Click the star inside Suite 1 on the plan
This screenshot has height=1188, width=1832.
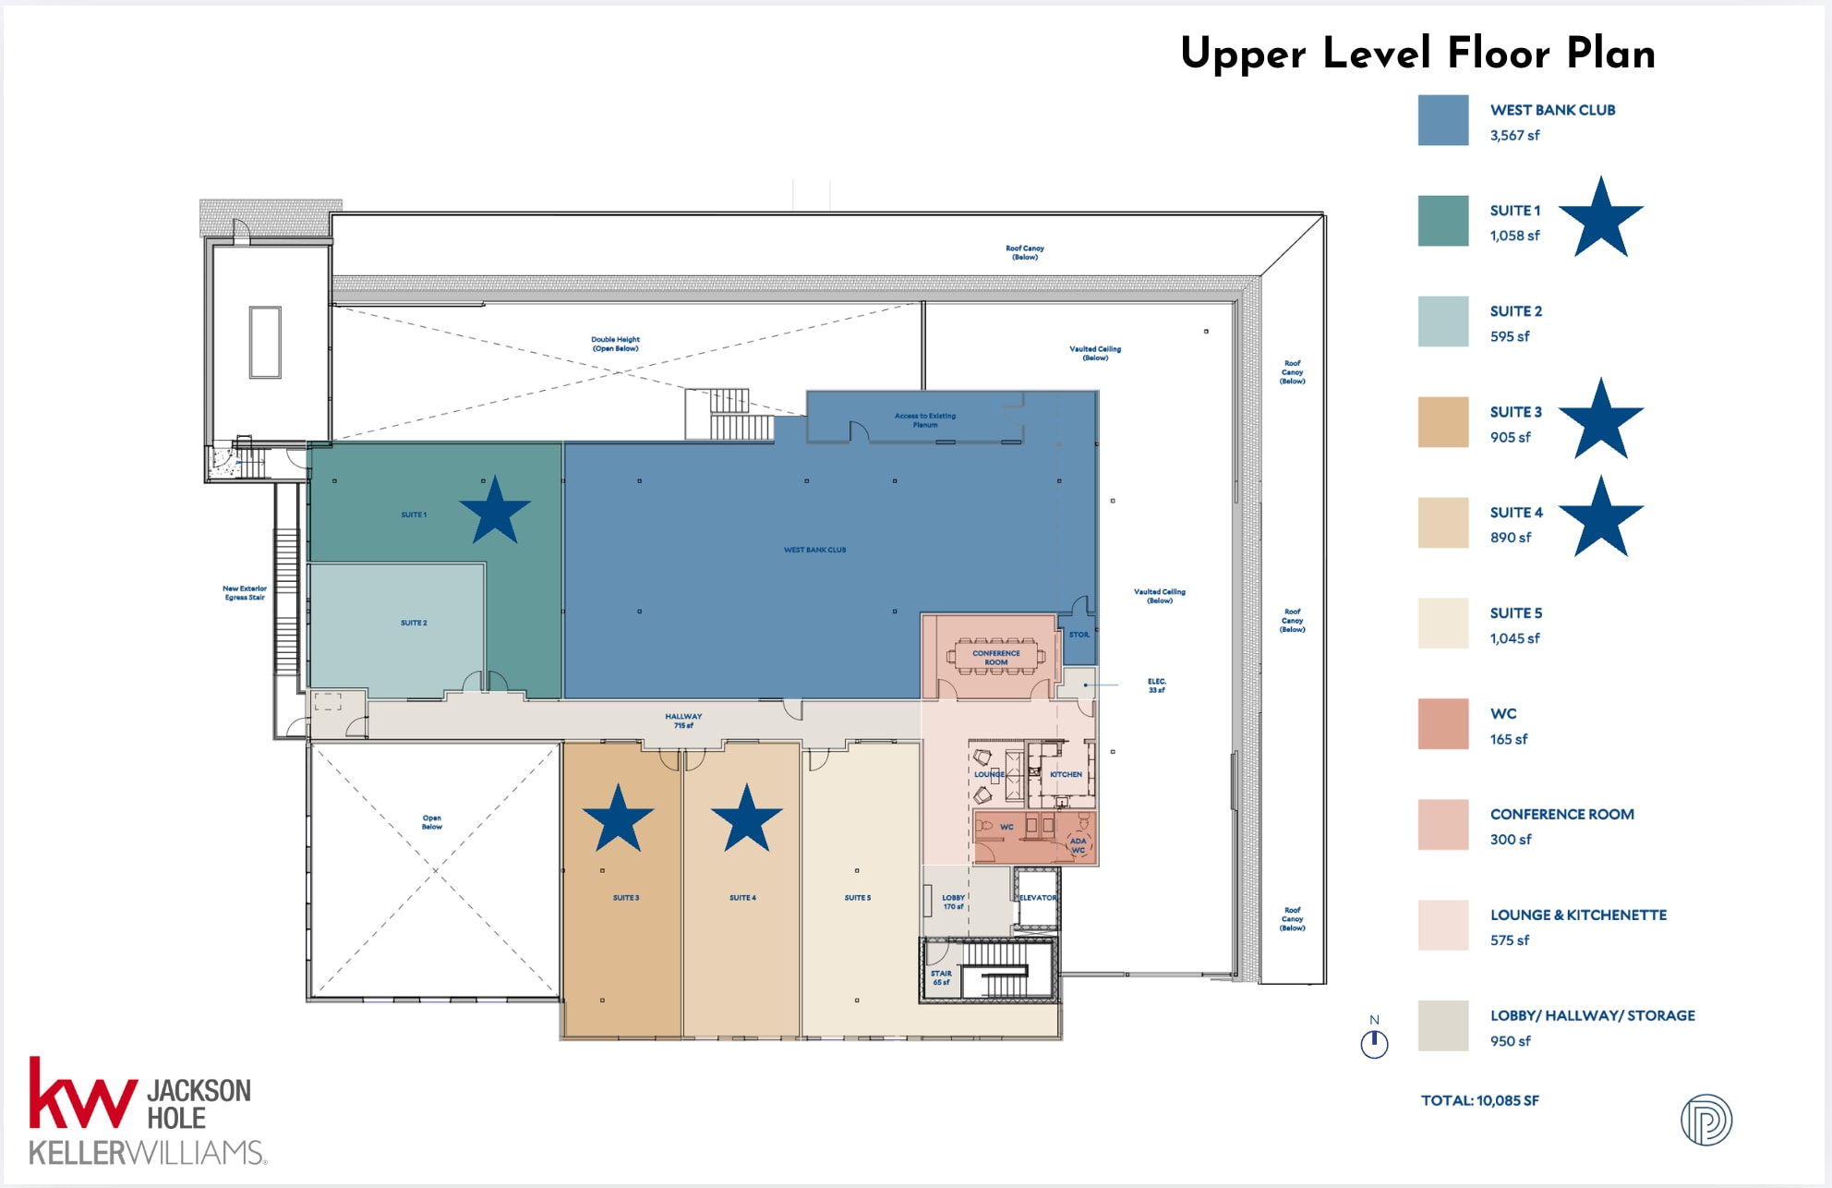click(495, 511)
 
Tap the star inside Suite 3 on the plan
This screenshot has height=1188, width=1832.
click(618, 819)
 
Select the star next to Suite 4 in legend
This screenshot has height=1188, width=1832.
click(1601, 518)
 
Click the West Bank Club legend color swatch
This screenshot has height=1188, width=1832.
click(1443, 120)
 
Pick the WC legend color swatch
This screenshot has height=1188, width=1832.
click(1443, 724)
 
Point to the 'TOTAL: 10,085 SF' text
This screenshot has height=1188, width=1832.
click(1479, 1100)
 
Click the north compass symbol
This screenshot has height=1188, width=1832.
click(1374, 1043)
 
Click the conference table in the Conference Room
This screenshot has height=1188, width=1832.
click(996, 657)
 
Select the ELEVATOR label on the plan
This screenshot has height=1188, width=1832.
click(1037, 898)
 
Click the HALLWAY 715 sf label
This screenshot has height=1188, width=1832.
click(683, 721)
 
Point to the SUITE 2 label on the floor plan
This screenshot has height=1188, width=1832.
click(414, 623)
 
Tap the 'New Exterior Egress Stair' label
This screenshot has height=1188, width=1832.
click(245, 593)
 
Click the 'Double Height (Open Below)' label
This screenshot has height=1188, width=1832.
click(615, 344)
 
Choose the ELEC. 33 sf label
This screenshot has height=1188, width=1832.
click(1157, 685)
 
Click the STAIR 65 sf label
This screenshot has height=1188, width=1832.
click(941, 977)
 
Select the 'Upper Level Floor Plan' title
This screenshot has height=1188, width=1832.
click(1417, 54)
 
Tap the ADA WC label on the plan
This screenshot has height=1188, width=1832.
click(1079, 845)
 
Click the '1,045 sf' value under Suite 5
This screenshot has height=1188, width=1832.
click(1514, 638)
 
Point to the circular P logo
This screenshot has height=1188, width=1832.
click(1705, 1120)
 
